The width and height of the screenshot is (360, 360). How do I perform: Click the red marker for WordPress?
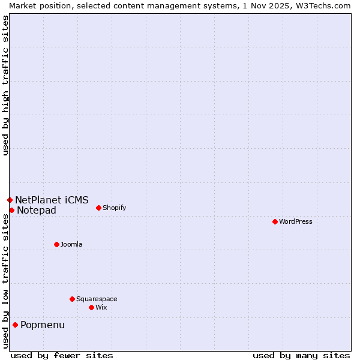[275, 221]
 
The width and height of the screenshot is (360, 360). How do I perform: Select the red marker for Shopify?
[98, 208]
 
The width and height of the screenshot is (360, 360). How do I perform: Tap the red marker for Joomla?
[56, 244]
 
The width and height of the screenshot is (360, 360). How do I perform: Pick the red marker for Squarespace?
[72, 299]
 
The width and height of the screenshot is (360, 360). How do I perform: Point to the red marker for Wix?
[91, 307]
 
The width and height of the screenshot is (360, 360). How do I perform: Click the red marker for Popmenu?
[15, 325]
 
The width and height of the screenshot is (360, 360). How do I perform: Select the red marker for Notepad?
[11, 210]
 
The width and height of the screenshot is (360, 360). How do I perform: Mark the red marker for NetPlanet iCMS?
[10, 200]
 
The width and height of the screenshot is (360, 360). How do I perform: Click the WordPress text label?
[296, 221]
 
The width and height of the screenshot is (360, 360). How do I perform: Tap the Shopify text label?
[114, 208]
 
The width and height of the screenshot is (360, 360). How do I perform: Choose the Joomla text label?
[71, 244]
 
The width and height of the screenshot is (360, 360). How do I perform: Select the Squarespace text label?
[97, 299]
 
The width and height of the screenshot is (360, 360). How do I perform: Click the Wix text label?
[101, 307]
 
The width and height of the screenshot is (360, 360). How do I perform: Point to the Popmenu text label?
[43, 325]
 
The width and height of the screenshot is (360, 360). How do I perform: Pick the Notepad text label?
[37, 210]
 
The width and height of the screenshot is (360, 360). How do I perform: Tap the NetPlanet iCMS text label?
[52, 200]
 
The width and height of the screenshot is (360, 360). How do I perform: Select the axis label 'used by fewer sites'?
[62, 355]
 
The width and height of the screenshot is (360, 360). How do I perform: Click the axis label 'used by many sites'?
[301, 355]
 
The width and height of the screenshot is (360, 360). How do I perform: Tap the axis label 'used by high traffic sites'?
[5, 85]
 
